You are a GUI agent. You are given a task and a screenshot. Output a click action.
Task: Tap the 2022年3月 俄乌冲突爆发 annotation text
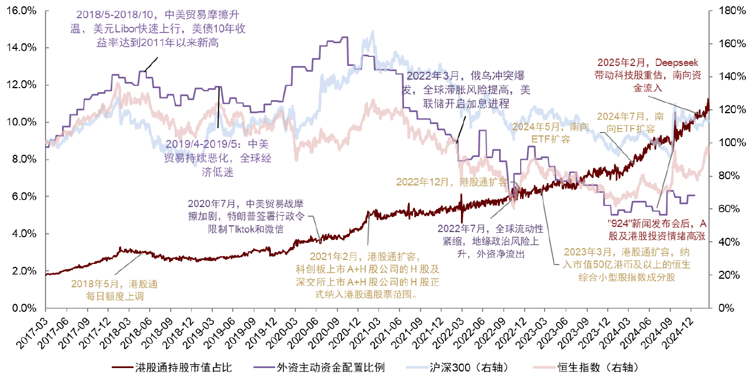click(466, 89)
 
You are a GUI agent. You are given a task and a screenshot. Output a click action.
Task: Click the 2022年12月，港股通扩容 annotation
click(452, 183)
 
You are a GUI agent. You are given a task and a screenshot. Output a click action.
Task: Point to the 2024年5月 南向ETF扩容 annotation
click(543, 132)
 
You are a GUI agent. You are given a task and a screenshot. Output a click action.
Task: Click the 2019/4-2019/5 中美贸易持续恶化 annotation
click(218, 158)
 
